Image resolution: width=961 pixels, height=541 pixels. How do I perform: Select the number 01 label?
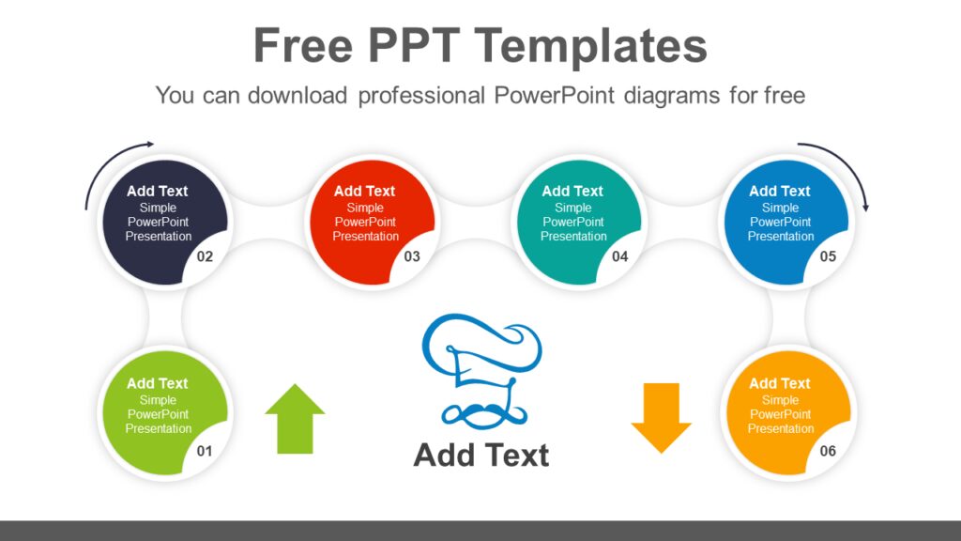pyautogui.click(x=205, y=451)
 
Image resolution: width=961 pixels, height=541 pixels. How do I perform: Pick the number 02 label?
pyautogui.click(x=205, y=256)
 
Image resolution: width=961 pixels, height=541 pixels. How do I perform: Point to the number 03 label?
pyautogui.click(x=412, y=256)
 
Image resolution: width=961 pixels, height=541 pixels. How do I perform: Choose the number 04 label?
pyautogui.click(x=619, y=256)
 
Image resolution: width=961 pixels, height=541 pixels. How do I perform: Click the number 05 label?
pyautogui.click(x=828, y=256)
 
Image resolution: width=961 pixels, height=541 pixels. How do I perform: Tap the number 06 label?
pyautogui.click(x=828, y=451)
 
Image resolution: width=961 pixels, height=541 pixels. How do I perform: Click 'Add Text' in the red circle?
pyautogui.click(x=365, y=191)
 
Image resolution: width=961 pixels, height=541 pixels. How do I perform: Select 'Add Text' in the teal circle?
pyautogui.click(x=572, y=191)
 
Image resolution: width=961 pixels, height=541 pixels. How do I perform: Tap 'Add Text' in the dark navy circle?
pyautogui.click(x=158, y=191)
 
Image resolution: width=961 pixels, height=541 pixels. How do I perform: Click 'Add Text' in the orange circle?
pyautogui.click(x=780, y=383)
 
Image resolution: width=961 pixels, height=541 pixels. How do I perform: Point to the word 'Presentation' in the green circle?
pyautogui.click(x=159, y=428)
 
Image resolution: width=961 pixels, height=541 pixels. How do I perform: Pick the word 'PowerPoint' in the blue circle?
pyautogui.click(x=781, y=222)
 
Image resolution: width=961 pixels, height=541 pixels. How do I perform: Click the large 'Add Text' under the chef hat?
pyautogui.click(x=481, y=455)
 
